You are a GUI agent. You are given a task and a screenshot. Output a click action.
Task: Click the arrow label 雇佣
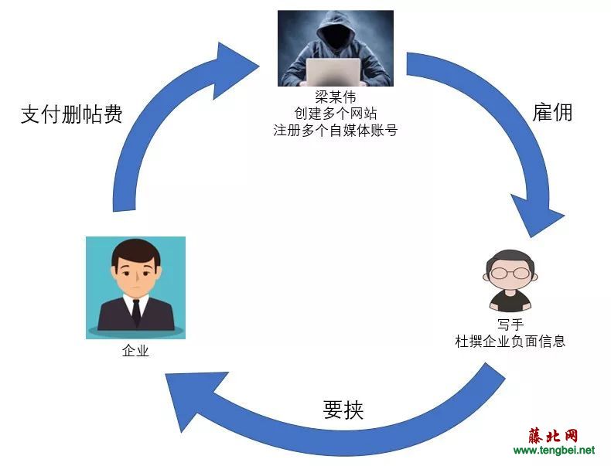tap(552, 113)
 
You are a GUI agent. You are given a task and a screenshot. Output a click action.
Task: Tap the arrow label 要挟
tap(343, 410)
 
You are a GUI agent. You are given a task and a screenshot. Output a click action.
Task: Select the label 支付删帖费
tap(72, 114)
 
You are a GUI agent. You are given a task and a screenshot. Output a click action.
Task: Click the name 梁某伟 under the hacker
tap(335, 96)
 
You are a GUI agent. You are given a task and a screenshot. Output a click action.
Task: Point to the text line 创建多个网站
tap(335, 114)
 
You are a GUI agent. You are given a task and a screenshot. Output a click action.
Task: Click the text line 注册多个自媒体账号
tap(335, 130)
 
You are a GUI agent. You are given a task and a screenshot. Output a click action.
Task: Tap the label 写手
tap(510, 325)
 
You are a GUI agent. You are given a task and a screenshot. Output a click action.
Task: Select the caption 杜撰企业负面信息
tap(510, 342)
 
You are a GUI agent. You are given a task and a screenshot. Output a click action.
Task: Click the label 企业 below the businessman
tap(135, 351)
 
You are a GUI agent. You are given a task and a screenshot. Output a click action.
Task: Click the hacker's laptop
tap(333, 72)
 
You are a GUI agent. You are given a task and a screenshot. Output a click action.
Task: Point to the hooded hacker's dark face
tap(336, 38)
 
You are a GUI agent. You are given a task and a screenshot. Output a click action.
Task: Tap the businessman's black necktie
tap(136, 312)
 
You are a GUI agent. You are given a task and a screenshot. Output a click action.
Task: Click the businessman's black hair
tap(135, 253)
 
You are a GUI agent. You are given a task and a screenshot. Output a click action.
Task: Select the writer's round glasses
tap(510, 273)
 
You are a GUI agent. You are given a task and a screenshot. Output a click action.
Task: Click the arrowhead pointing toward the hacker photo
tap(234, 69)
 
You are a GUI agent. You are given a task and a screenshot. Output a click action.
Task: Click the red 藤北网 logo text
tap(553, 436)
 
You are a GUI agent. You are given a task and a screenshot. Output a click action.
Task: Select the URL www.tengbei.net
tap(554, 451)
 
